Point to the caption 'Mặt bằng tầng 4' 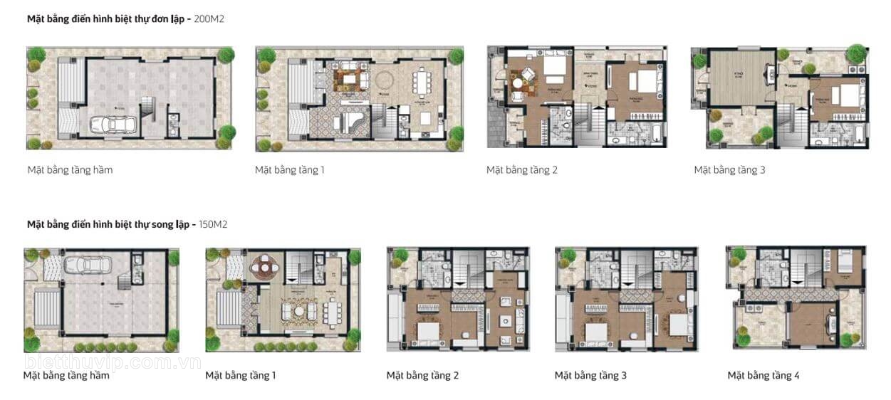763,375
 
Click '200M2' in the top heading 209,19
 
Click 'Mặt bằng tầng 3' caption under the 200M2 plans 729,170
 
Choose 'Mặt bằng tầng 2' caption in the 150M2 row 422,375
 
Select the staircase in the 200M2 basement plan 149,110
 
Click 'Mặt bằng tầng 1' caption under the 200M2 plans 290,170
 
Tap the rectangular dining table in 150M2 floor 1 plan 333,312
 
